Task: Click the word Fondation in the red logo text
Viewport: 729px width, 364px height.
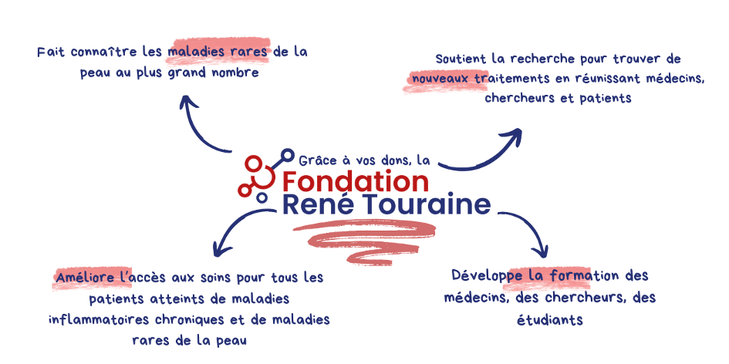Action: click(355, 182)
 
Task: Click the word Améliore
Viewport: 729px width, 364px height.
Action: click(85, 278)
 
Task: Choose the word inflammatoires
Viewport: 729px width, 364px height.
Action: click(99, 320)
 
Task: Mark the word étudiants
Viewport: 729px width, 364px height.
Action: click(550, 320)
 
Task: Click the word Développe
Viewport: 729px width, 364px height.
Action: click(488, 276)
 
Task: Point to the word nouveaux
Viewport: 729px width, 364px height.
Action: click(440, 79)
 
